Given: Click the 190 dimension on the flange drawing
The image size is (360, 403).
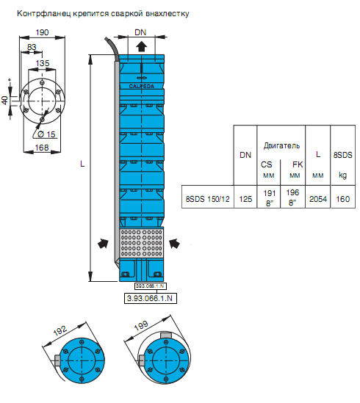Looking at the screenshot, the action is pos(42,32).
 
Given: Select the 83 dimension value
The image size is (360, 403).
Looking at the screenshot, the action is pos(32,47).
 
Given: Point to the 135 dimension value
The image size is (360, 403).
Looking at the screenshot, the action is pos(43,63).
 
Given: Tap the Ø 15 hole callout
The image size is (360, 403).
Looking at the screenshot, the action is pos(46,134).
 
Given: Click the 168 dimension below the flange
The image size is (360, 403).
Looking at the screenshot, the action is pos(42,148).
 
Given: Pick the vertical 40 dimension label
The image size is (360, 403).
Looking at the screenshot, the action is pos(5,101).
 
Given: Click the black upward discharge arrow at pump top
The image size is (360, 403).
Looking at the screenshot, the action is pos(141,47).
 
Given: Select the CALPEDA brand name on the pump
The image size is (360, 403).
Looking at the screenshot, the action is pos(142,87).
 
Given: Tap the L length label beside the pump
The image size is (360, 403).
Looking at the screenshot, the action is pos(82,164).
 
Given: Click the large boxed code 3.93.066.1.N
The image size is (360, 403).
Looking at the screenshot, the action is pos(151,298).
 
